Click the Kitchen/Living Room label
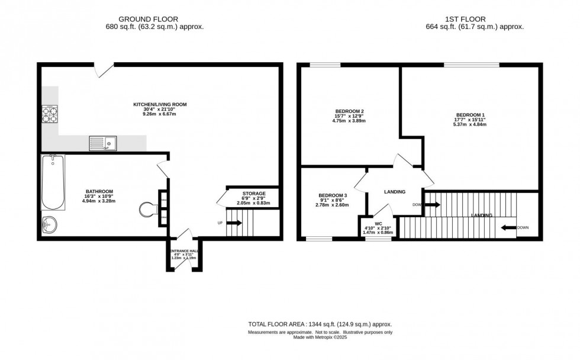159,104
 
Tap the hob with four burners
50,114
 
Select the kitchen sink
102,143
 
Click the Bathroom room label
99,191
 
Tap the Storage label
253,194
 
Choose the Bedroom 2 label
349,111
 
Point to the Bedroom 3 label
333,195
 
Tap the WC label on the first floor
378,224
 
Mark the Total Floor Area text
319,324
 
